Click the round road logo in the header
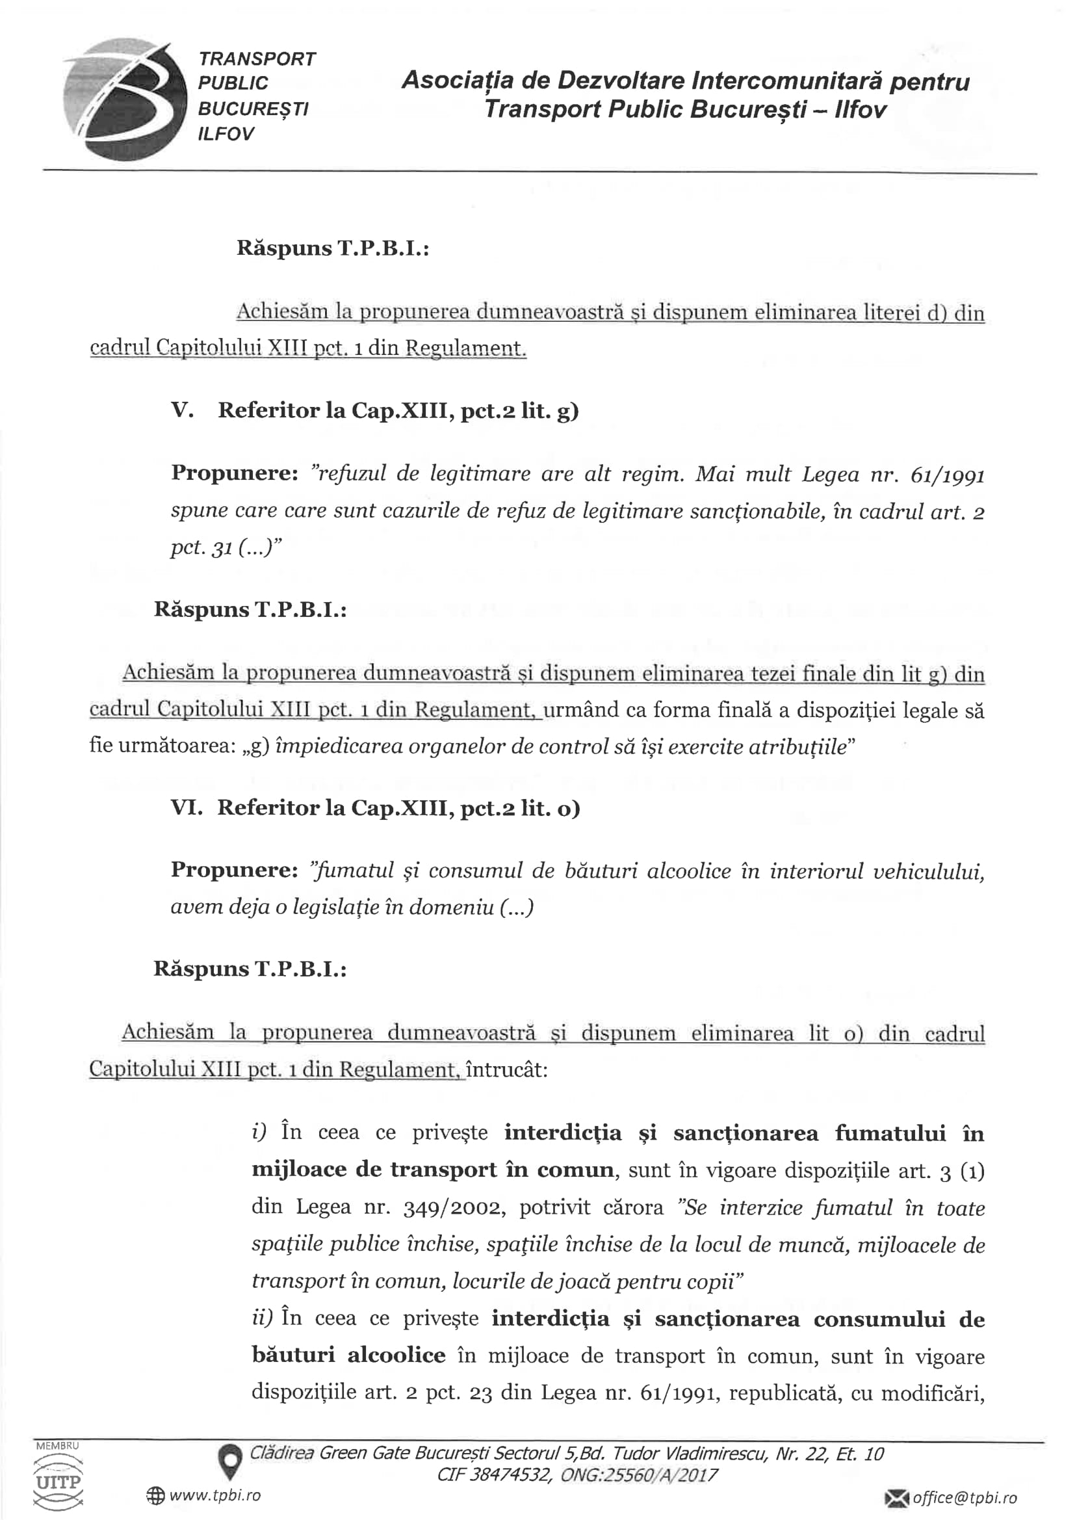pyautogui.click(x=124, y=99)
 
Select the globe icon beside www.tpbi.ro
pyautogui.click(x=155, y=1495)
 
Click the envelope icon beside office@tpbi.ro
pyautogui.click(x=897, y=1497)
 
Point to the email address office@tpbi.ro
pyautogui.click(x=965, y=1497)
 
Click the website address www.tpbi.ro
pyautogui.click(x=215, y=1495)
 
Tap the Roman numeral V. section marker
pyautogui.click(x=182, y=410)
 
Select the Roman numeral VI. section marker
pyautogui.click(x=186, y=807)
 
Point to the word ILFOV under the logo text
pyautogui.click(x=226, y=134)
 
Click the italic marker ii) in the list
pyautogui.click(x=262, y=1318)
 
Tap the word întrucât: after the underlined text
pyautogui.click(x=507, y=1069)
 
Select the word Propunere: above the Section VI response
pyautogui.click(x=235, y=870)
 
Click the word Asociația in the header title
pyautogui.click(x=458, y=81)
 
